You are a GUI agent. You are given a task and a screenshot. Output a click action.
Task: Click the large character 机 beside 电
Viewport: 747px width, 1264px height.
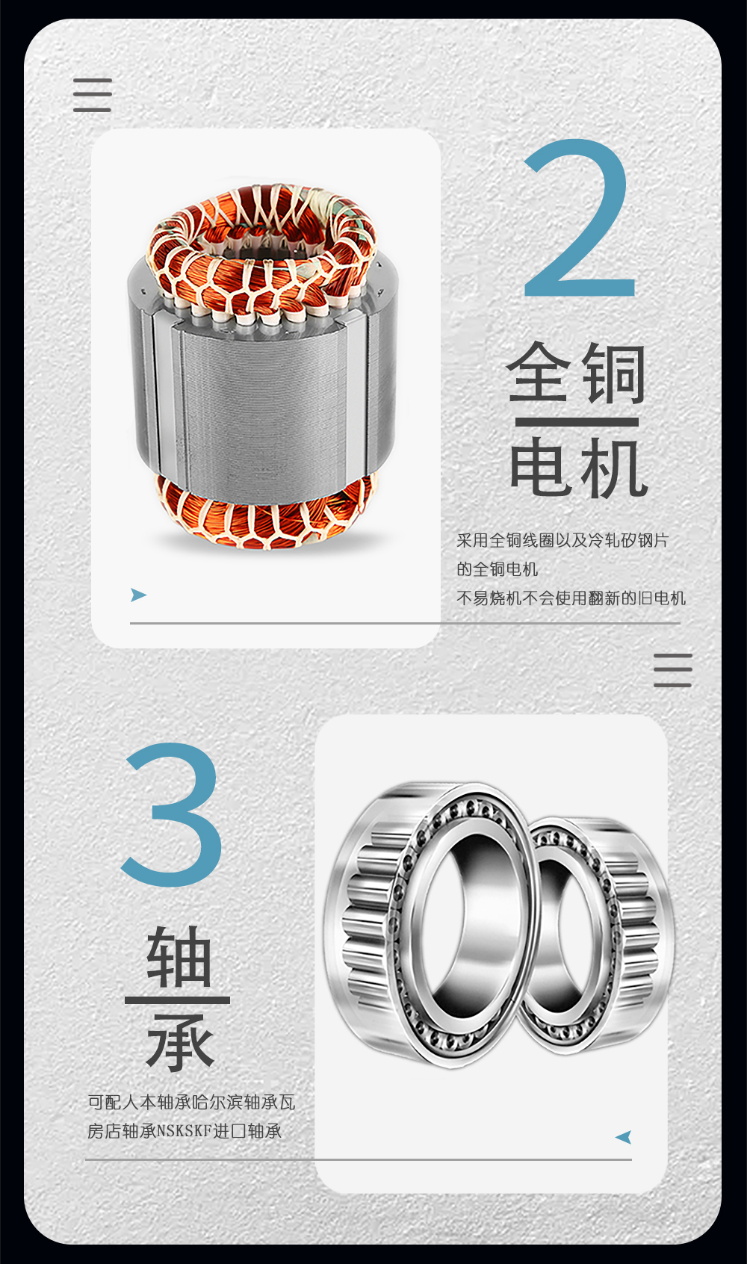(x=614, y=468)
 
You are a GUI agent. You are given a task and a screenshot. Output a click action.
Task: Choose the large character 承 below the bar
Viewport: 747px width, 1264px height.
(x=179, y=1044)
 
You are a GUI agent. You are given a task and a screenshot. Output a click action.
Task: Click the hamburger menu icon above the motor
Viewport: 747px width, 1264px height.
(x=92, y=95)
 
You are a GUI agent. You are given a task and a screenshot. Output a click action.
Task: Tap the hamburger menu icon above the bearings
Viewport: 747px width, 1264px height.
(x=672, y=670)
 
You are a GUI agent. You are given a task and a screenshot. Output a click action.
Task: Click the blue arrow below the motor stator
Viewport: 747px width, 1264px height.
(x=138, y=595)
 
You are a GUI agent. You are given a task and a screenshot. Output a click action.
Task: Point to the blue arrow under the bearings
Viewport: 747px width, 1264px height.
(x=624, y=1136)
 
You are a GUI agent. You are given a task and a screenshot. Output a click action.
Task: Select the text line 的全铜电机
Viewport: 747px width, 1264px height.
(x=497, y=569)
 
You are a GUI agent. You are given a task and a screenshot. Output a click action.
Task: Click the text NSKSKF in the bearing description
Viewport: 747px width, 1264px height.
(x=185, y=1131)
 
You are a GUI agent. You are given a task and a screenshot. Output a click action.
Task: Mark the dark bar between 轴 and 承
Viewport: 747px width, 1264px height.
(x=177, y=1000)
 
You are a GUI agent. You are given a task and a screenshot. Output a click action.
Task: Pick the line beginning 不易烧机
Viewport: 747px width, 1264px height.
(x=571, y=598)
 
